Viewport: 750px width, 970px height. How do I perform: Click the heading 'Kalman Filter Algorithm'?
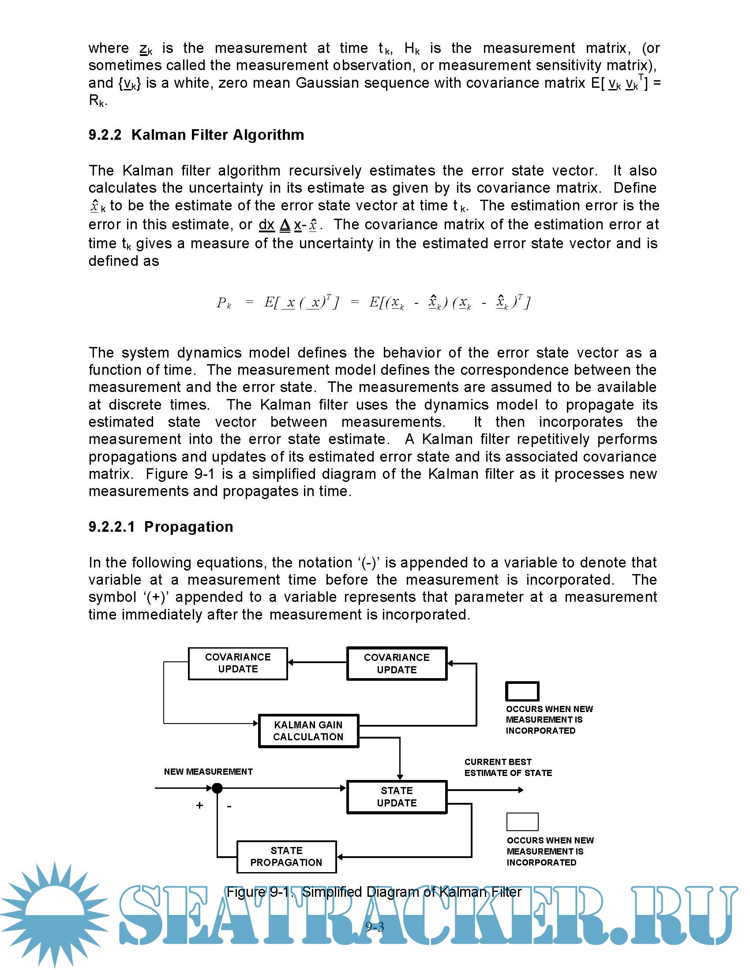tap(217, 134)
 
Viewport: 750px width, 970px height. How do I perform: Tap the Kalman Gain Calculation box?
tap(308, 731)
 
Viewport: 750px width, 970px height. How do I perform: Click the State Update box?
tap(396, 797)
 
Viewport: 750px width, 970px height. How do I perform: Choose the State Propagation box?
tap(286, 856)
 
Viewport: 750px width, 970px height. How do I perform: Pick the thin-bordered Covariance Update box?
tap(238, 663)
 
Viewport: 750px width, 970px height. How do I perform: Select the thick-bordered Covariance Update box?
tap(396, 664)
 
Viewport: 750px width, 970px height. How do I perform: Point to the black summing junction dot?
tap(217, 788)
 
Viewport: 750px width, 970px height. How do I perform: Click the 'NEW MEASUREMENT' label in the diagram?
tap(208, 772)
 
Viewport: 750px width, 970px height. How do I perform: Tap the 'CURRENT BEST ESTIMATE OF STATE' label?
tap(508, 767)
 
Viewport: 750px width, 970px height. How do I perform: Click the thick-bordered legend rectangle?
tap(522, 691)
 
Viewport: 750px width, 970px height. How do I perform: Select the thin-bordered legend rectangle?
tap(522, 822)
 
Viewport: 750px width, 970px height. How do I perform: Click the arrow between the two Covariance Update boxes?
tap(317, 662)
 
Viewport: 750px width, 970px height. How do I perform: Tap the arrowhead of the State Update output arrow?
tap(521, 790)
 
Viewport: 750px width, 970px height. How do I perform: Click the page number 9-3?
tap(374, 926)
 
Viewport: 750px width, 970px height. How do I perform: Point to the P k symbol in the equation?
tap(224, 303)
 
